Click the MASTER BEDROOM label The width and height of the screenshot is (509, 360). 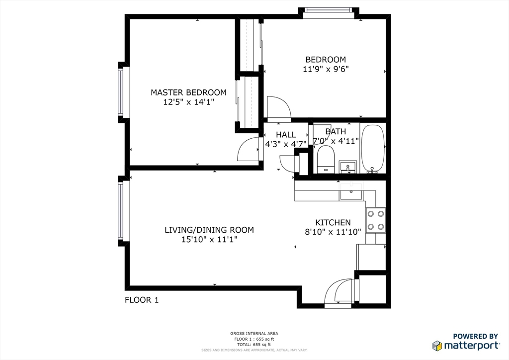tap(188, 92)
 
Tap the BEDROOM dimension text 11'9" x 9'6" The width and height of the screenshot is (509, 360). tap(326, 69)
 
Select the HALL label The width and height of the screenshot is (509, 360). tap(286, 135)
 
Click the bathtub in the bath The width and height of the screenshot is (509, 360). tap(373, 148)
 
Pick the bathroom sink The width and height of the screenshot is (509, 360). tap(348, 167)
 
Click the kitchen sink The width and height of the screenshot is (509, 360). tap(351, 191)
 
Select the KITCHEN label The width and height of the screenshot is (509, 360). tap(333, 223)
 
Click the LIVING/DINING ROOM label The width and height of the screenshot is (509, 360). tap(209, 230)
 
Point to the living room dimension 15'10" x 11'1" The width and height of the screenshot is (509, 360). tap(209, 240)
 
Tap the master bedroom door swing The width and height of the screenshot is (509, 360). tap(249, 150)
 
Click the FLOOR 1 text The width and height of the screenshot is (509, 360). tap(141, 300)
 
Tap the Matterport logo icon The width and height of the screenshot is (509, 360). tap(437, 346)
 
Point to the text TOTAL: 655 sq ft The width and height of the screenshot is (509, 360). tap(254, 345)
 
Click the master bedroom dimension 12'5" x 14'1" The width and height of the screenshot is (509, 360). tap(188, 102)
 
